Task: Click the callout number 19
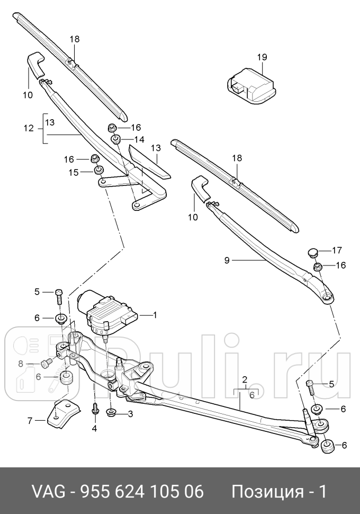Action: tap(263, 57)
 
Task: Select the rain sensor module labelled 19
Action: tap(249, 82)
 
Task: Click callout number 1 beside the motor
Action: tap(155, 315)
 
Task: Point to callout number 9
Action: tap(227, 260)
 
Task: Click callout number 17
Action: tap(338, 250)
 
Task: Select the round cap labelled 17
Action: tap(313, 251)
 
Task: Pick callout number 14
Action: tap(139, 139)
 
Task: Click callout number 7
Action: tap(30, 420)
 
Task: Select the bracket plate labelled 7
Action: tap(62, 415)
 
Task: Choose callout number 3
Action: tap(129, 413)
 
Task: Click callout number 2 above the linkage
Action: tap(245, 379)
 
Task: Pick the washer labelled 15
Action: tap(98, 171)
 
